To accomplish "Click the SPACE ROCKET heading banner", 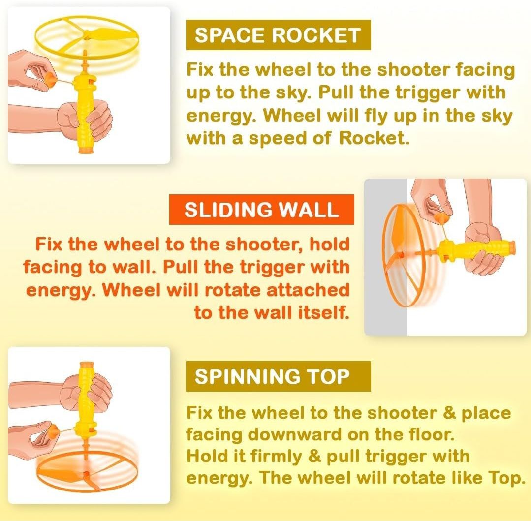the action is pyautogui.click(x=279, y=35).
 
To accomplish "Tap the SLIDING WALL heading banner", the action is pyautogui.click(x=261, y=210).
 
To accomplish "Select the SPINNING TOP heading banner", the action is pyautogui.click(x=279, y=376).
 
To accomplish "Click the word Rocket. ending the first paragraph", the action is pyautogui.click(x=374, y=138).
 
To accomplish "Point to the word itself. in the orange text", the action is pyautogui.click(x=323, y=312).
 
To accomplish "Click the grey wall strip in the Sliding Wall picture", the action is pyautogui.click(x=386, y=257).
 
